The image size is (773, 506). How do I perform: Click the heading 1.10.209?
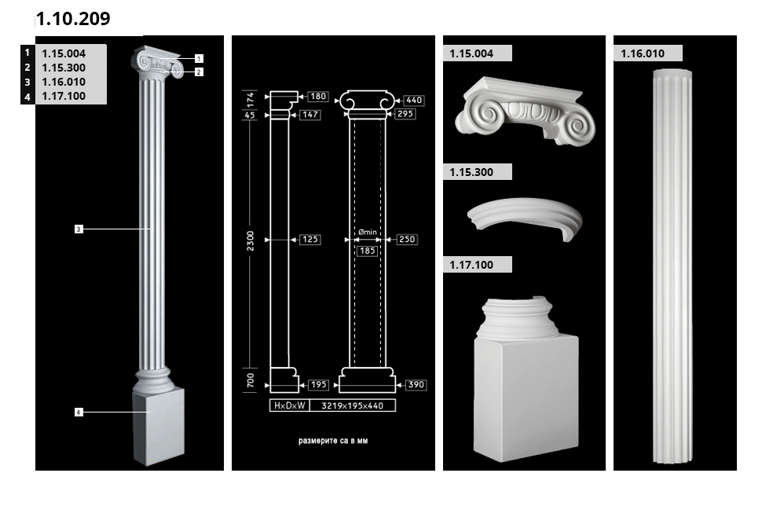(x=73, y=19)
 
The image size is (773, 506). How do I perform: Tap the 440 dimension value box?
(x=414, y=100)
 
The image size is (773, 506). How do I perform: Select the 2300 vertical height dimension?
(x=251, y=240)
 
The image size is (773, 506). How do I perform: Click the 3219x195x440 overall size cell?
(x=353, y=405)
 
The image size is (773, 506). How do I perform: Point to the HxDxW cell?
(x=290, y=405)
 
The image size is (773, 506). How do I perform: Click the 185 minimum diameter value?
(x=368, y=251)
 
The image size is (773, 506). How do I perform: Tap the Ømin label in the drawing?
(x=368, y=232)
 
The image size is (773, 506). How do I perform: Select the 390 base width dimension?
(x=416, y=385)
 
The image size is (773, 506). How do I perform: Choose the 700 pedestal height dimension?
(x=251, y=380)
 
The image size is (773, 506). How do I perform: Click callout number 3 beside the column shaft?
(x=79, y=229)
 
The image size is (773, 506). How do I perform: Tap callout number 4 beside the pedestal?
(x=79, y=412)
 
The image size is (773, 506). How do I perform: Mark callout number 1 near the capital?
(x=199, y=59)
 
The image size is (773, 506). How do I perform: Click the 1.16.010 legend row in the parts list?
(x=63, y=82)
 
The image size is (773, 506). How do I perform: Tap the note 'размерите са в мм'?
(x=333, y=441)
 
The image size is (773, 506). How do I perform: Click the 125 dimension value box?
(x=310, y=240)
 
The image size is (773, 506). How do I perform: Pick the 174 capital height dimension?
(x=251, y=99)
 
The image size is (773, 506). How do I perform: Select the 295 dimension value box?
(x=405, y=114)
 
